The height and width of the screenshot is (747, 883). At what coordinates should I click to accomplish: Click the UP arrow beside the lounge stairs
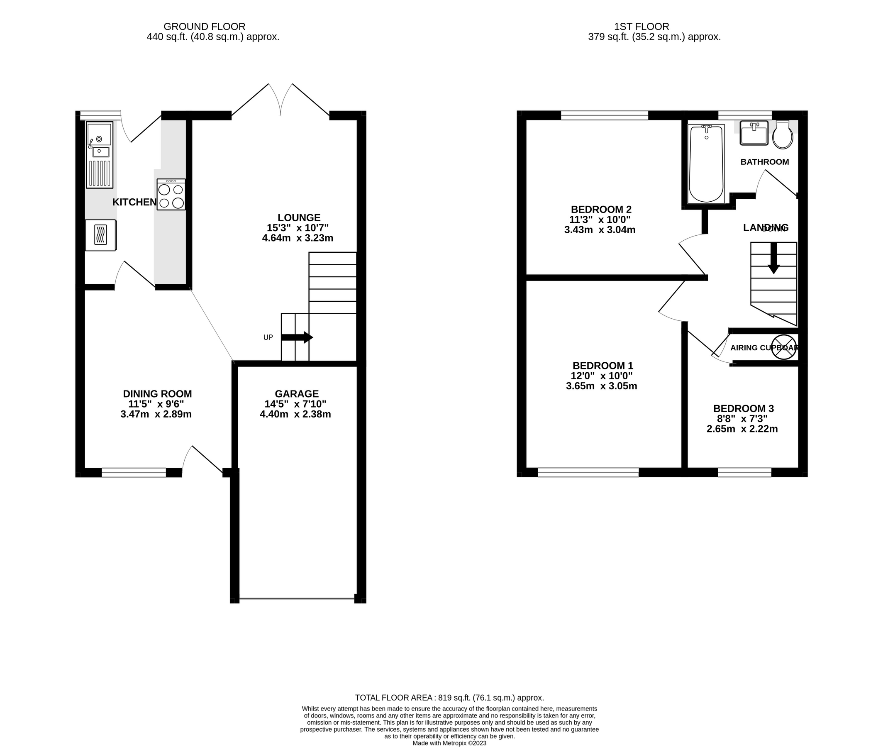(297, 337)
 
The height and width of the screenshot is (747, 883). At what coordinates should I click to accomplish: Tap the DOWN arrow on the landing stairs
(773, 258)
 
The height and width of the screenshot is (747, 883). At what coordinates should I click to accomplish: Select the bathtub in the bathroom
(706, 164)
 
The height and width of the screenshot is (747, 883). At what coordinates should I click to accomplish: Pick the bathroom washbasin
(754, 133)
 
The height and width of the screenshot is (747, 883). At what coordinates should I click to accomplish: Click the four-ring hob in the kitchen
(171, 194)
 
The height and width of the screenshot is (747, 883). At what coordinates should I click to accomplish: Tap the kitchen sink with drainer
(100, 154)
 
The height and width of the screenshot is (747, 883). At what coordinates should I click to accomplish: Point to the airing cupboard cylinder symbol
(783, 347)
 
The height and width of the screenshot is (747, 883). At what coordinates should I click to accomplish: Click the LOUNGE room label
(299, 217)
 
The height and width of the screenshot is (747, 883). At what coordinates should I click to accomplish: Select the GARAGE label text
(296, 394)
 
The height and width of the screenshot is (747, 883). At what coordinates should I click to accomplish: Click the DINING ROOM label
(157, 394)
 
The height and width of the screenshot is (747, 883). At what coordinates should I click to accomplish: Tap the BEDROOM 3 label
(743, 409)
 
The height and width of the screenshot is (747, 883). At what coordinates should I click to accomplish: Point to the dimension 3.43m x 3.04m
(600, 230)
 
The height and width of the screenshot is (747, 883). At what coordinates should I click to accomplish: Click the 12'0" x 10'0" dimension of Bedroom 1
(602, 376)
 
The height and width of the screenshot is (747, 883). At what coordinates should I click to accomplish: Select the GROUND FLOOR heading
(205, 27)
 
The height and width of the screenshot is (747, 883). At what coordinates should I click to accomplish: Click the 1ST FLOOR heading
(642, 27)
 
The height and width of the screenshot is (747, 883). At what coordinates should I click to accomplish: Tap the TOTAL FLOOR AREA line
(449, 698)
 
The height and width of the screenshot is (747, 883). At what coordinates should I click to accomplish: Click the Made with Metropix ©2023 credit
(449, 743)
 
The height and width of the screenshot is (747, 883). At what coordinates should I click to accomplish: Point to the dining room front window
(134, 473)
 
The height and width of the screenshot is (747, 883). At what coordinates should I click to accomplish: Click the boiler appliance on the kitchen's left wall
(100, 235)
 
